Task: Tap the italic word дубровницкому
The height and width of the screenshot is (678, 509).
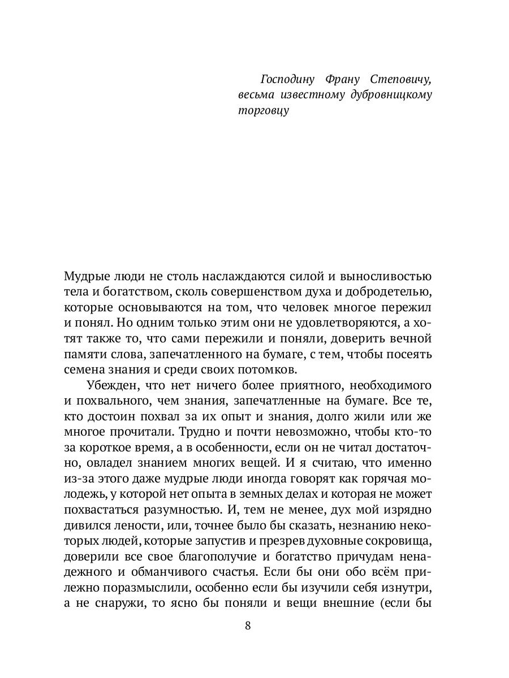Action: coord(390,94)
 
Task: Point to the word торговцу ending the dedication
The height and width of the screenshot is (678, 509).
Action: coord(263,111)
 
